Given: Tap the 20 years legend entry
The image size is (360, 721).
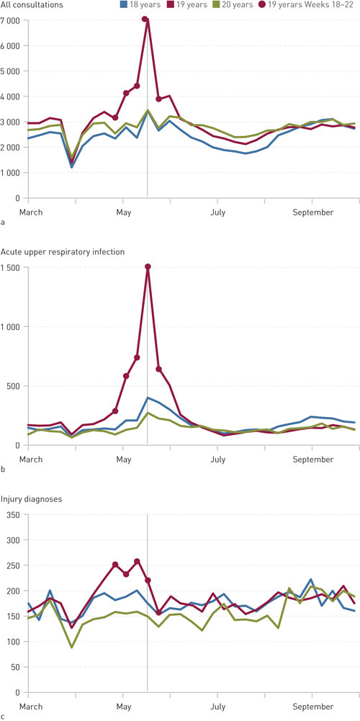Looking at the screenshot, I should point(246,5).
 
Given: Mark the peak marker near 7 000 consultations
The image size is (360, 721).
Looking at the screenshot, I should point(146,19).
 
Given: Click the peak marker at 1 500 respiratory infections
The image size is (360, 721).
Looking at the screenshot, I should point(148,267).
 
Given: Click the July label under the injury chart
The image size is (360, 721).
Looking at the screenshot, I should point(217,706).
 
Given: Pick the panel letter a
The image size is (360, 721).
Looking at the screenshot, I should point(3,224).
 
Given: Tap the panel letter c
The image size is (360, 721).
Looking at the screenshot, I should point(3,717).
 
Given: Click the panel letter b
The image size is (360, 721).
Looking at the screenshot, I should point(3,470).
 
